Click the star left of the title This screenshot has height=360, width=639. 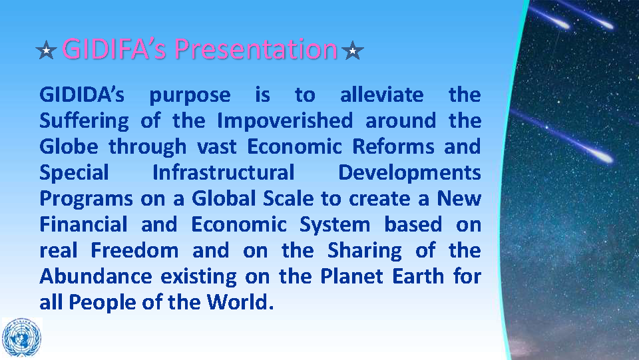(x=46, y=51)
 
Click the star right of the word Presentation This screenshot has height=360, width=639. (x=353, y=51)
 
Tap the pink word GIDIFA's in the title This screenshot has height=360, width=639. (x=114, y=49)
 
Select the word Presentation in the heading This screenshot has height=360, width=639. (x=256, y=49)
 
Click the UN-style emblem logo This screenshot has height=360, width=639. (x=21, y=337)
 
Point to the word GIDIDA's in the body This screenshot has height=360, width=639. (x=82, y=94)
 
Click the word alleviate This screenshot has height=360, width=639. (x=382, y=94)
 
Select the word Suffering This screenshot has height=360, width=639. (x=85, y=121)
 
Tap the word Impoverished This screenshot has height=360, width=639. (x=285, y=121)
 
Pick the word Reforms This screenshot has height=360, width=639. (x=393, y=146)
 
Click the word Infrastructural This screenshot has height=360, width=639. (x=224, y=172)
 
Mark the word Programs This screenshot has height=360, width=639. (x=86, y=200)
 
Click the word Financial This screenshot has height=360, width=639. (x=84, y=224)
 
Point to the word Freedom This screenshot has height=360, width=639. (x=134, y=250)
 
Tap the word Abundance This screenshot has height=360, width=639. (x=96, y=277)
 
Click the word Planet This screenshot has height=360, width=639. (x=351, y=277)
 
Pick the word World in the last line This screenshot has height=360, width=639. (x=238, y=302)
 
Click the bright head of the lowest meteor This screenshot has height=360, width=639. (x=603, y=158)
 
